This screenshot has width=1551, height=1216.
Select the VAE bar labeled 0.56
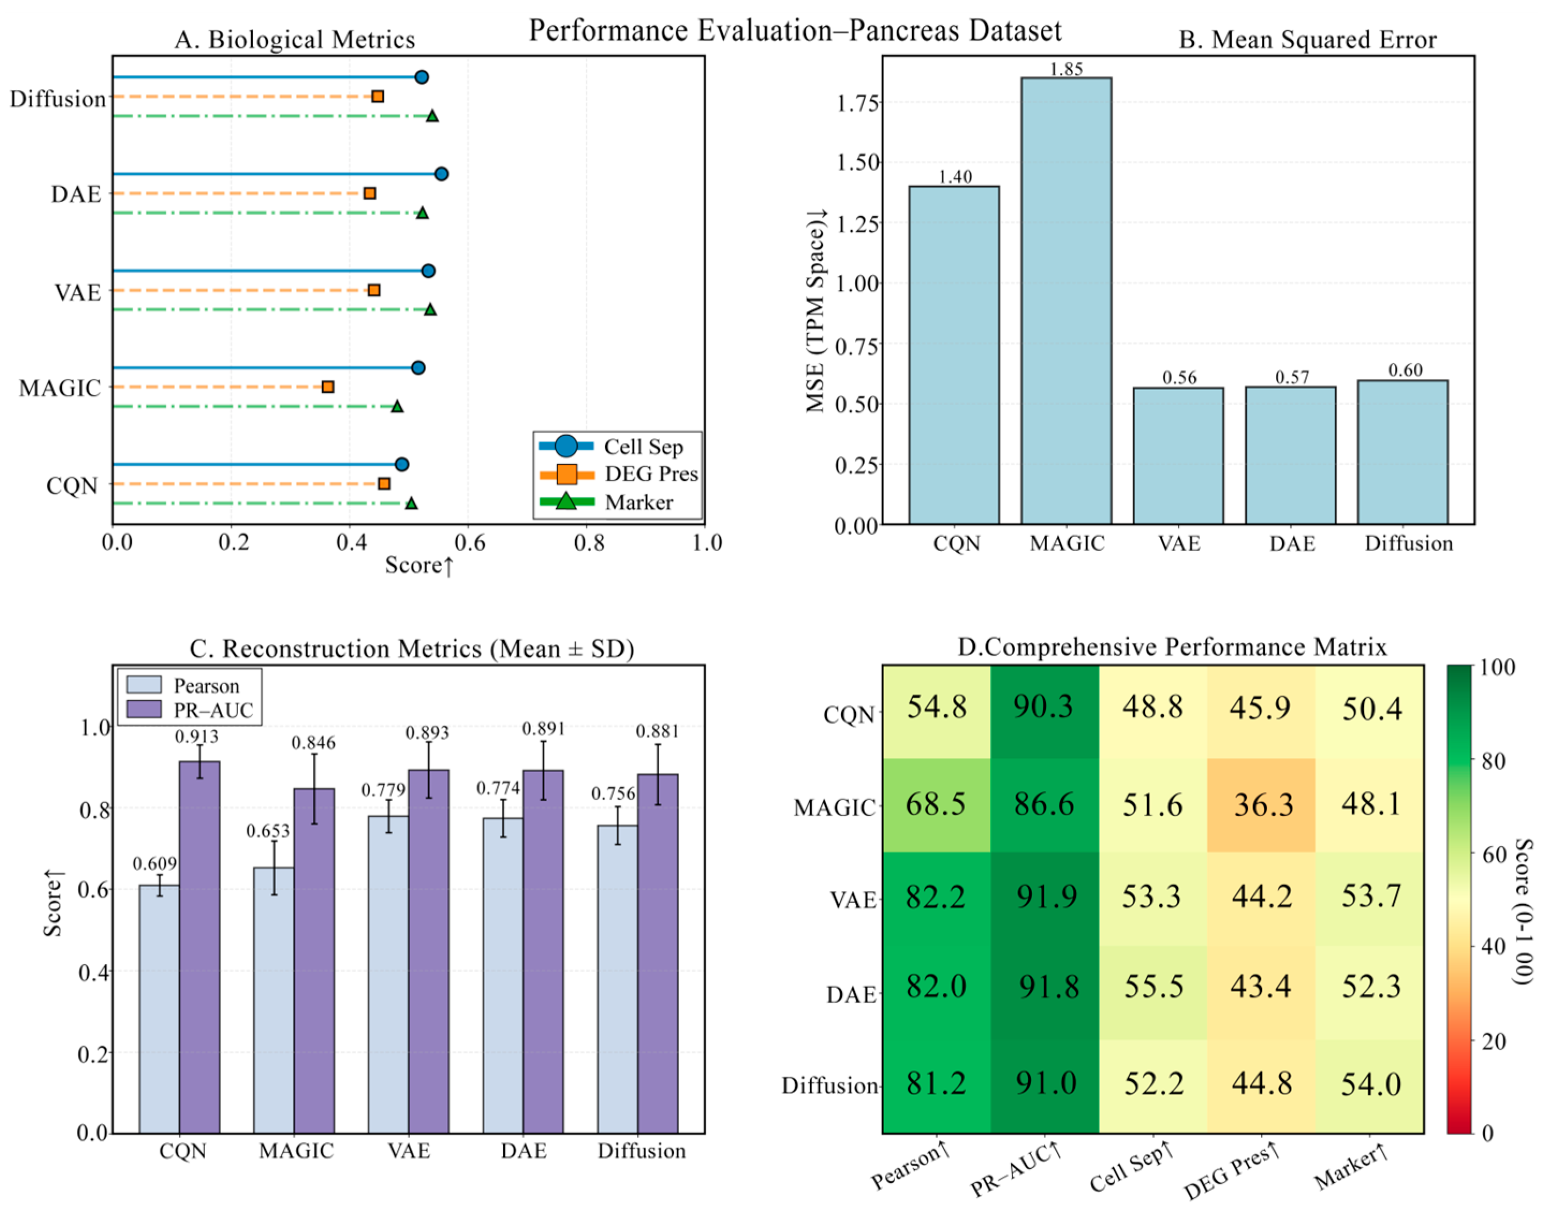[x=1178, y=456]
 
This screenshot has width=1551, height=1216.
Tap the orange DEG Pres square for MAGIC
[x=327, y=386]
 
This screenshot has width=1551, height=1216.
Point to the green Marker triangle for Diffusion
[x=431, y=116]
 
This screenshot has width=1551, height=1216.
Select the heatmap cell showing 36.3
[x=1261, y=805]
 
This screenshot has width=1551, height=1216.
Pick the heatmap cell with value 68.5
[x=936, y=805]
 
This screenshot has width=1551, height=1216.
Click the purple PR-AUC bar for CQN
[x=199, y=947]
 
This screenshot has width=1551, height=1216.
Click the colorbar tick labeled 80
[x=1493, y=761]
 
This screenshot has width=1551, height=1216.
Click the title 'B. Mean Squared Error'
[x=1307, y=40]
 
